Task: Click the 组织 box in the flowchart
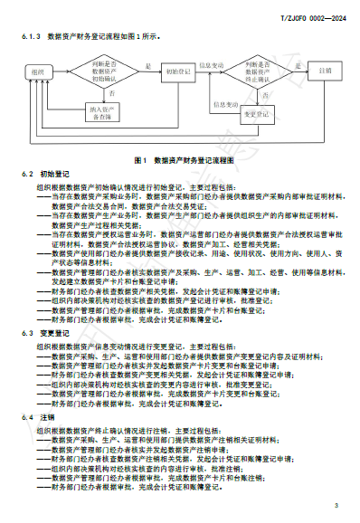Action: point(37,71)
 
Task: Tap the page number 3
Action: point(335,504)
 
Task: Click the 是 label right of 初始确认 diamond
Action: point(147,65)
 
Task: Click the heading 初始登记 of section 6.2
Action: point(54,173)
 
